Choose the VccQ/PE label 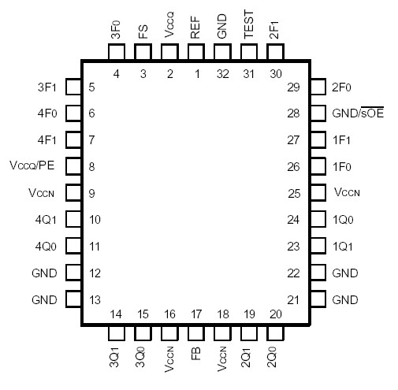coord(31,167)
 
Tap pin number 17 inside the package coord(195,314)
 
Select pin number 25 coord(296,193)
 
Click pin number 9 coord(92,193)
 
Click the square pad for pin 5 coord(73,87)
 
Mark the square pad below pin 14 coord(116,333)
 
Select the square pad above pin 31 coord(249,52)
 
